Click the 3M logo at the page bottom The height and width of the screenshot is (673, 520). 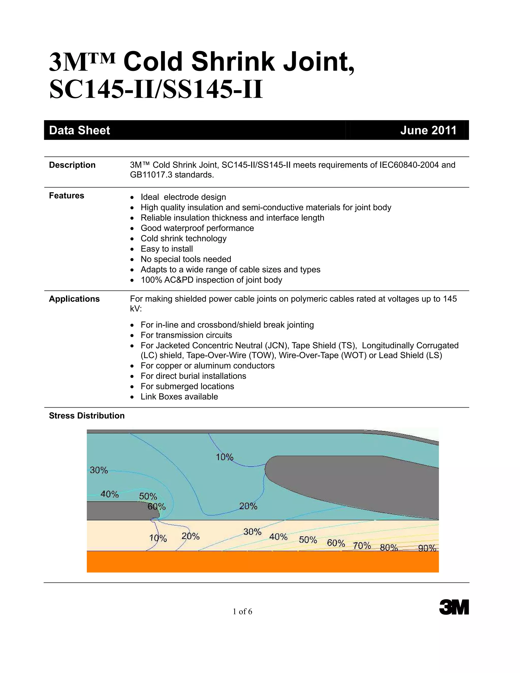454,607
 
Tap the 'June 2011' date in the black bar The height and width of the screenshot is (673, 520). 428,130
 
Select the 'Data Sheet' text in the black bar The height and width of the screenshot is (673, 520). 79,130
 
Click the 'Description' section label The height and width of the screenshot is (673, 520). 72,165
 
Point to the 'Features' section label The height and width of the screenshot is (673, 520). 67,196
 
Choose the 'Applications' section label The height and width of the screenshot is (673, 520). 74,299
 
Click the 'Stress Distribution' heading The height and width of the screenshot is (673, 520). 87,416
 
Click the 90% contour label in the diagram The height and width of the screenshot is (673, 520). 427,548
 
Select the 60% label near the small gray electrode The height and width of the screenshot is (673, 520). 156,507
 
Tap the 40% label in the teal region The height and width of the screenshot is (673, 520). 110,494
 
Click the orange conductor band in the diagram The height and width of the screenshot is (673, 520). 263,562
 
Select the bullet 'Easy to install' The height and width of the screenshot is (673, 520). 167,249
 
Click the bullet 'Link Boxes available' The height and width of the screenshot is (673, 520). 179,397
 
